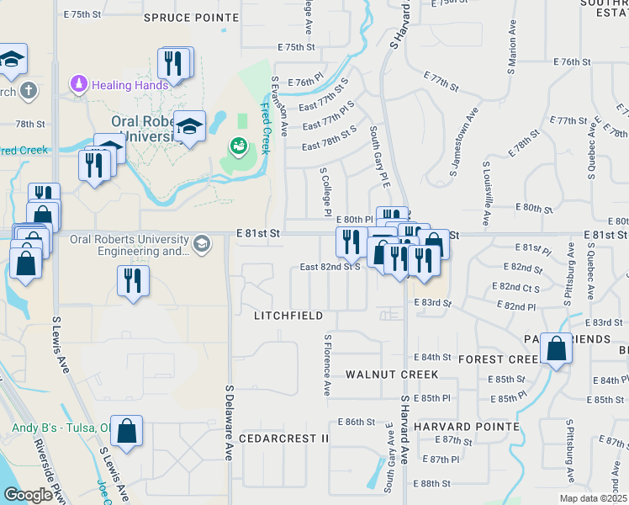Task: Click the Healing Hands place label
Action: point(130,84)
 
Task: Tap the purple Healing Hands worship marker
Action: point(78,84)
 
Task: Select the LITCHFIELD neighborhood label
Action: point(288,316)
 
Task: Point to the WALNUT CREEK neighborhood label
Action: point(392,374)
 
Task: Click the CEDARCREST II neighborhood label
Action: point(283,439)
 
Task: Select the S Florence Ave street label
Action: point(326,364)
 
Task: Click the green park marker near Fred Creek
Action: point(238,146)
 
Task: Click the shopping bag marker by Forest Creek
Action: point(557,348)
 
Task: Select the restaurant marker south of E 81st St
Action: point(132,280)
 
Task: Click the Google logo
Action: point(27,495)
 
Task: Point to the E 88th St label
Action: point(435,483)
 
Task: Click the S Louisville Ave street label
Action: point(487,194)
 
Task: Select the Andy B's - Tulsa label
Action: point(61,428)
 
